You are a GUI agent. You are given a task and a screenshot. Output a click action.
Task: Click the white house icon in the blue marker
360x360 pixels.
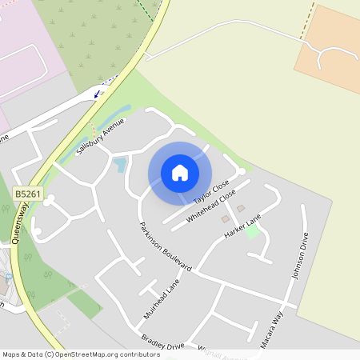180,173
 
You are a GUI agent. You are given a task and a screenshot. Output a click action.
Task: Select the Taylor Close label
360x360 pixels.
211,189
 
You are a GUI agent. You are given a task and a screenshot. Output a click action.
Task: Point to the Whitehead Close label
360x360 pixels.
211,206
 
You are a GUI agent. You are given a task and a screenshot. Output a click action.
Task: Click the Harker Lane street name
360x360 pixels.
243,229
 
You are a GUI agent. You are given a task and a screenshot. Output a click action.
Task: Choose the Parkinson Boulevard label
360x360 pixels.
166,246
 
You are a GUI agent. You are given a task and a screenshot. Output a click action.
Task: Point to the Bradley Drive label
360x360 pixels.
162,342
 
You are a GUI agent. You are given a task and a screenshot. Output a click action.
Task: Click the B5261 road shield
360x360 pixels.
27,194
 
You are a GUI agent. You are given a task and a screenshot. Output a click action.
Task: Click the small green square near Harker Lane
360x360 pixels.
252,231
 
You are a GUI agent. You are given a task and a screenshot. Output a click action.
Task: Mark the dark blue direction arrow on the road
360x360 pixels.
98,94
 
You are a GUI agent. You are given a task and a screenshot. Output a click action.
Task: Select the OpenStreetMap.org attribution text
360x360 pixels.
109,354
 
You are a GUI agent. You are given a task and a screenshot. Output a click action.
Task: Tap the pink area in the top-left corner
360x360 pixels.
20,40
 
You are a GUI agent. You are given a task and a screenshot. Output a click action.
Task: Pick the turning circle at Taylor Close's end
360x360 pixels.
241,171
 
